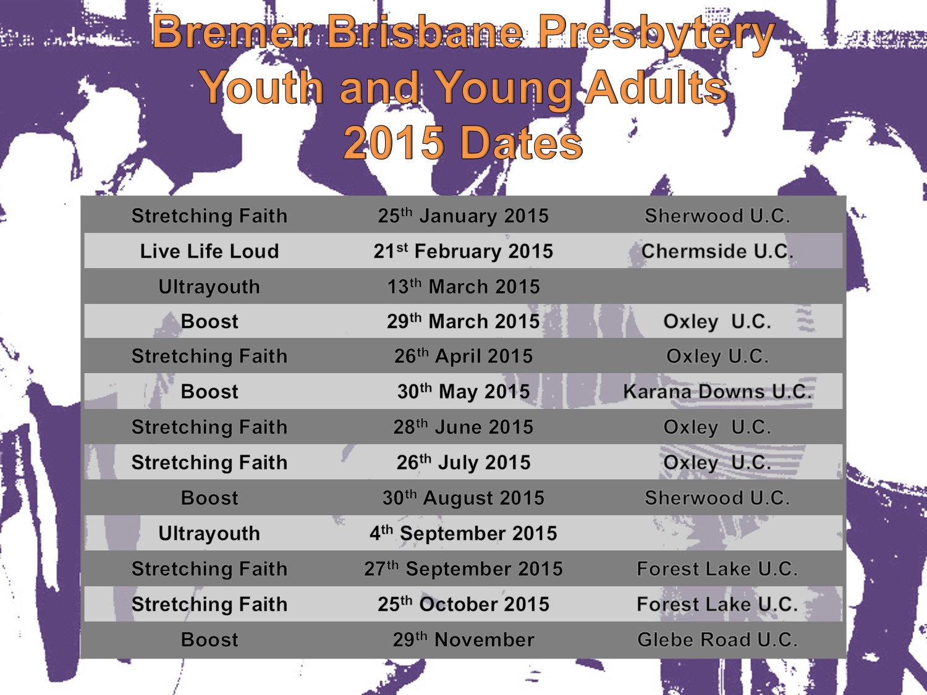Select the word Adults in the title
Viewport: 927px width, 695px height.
point(657,88)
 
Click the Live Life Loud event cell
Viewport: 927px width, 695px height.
point(210,251)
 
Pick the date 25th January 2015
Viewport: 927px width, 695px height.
point(463,216)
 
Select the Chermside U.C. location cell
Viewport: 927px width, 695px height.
point(717,251)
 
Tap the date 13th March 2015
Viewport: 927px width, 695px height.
point(463,287)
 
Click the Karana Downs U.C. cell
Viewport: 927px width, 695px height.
point(717,391)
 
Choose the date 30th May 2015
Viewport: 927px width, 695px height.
point(463,391)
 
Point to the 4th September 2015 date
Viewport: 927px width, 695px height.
point(463,533)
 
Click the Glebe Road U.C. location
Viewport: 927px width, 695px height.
point(717,640)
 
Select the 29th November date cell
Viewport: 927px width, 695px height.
point(463,640)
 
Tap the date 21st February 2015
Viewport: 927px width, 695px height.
point(463,251)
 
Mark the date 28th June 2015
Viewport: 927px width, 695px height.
point(463,427)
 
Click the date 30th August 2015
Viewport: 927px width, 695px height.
point(463,498)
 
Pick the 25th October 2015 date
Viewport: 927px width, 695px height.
point(463,604)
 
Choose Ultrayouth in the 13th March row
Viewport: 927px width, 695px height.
point(210,287)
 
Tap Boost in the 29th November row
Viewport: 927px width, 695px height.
point(210,640)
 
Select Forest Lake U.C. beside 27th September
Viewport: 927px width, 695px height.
point(717,569)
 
